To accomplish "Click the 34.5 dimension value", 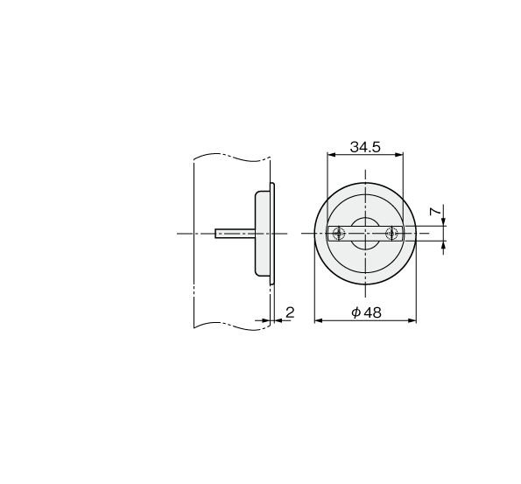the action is (365, 147).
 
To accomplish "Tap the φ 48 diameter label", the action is (366, 312).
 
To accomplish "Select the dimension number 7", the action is (435, 211).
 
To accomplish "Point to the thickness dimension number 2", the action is (290, 312).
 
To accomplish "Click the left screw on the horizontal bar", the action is (339, 234).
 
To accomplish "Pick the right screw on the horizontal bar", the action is (391, 234).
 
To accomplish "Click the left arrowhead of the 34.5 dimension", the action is (332, 154).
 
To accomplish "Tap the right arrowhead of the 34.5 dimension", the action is (398, 154).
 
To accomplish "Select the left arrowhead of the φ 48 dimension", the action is (319, 320).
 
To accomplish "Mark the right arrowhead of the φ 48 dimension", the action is (412, 320).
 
